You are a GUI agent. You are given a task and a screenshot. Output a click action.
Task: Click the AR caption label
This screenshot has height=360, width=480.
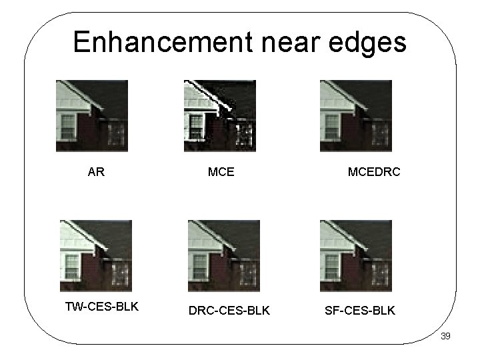pyautogui.click(x=96, y=172)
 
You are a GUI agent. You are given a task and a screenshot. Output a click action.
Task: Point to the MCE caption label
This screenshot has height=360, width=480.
pyautogui.click(x=221, y=172)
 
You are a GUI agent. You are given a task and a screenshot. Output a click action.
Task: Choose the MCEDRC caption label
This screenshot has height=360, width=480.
pyautogui.click(x=374, y=172)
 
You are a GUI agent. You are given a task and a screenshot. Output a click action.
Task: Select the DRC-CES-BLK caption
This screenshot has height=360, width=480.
pyautogui.click(x=229, y=310)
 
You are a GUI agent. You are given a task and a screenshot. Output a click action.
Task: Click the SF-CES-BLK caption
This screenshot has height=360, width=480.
pyautogui.click(x=359, y=310)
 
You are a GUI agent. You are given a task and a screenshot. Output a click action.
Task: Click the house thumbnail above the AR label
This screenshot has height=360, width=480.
pyautogui.click(x=91, y=116)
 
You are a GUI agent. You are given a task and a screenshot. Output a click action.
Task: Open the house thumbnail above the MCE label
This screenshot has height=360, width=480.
pyautogui.click(x=219, y=116)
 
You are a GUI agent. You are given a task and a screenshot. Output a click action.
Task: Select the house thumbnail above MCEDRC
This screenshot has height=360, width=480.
pyautogui.click(x=356, y=116)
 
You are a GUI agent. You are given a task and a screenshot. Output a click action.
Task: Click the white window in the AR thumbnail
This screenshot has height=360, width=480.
pyautogui.click(x=68, y=125)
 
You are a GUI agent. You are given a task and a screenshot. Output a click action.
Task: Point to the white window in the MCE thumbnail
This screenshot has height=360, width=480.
pyautogui.click(x=195, y=125)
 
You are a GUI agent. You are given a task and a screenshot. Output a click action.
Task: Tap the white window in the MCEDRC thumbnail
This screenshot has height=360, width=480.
pyautogui.click(x=331, y=125)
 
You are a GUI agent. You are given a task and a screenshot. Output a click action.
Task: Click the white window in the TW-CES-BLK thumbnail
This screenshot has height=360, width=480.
pyautogui.click(x=72, y=265)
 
